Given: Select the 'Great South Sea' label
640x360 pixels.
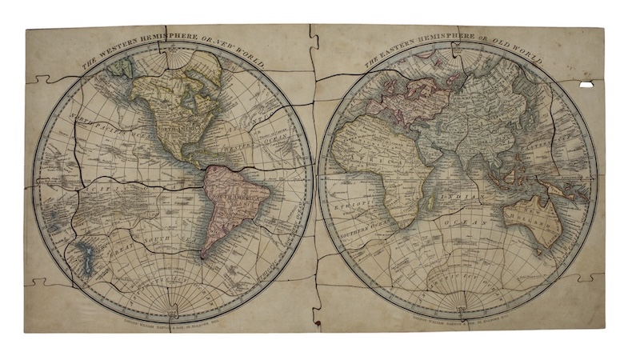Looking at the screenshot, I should [160, 240].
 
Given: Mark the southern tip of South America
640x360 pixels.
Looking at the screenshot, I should [207, 255].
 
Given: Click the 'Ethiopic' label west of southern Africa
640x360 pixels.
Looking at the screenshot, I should [346, 204].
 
